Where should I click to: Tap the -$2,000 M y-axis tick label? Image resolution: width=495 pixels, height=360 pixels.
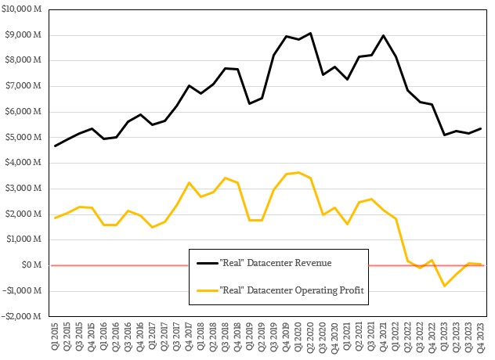tap(23, 316)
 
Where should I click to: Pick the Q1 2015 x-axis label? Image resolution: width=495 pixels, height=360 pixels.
tap(55, 337)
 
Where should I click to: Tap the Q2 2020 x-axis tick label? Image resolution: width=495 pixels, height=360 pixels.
tap(311, 337)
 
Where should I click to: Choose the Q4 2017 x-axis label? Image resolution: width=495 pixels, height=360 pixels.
tap(189, 337)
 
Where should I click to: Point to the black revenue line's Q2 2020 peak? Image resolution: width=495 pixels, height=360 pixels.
tap(311, 33)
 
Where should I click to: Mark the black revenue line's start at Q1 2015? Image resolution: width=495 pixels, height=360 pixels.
tap(55, 146)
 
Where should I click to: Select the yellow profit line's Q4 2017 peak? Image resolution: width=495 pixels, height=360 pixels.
tap(189, 182)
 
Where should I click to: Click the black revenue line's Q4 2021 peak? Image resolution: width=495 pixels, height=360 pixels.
tap(384, 35)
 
